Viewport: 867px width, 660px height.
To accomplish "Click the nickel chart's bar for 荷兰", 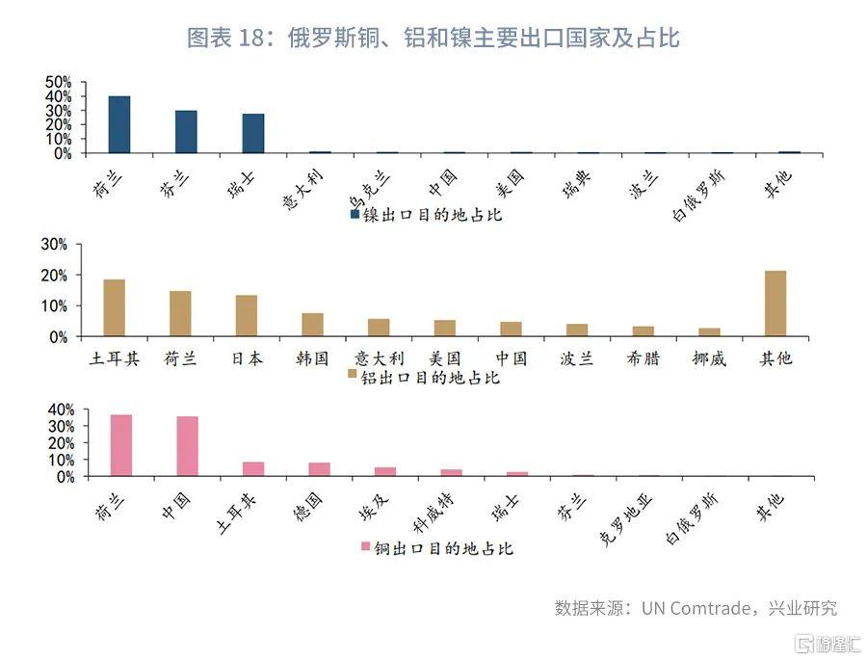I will tap(119, 124).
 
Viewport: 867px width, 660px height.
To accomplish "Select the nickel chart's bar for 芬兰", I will tap(186, 132).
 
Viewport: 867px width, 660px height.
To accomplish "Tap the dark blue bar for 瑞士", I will tap(253, 134).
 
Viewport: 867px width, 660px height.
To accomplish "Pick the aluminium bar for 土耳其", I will tap(115, 307).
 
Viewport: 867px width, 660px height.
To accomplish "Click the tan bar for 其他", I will tap(775, 304).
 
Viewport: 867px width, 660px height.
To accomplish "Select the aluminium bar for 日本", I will tap(247, 315).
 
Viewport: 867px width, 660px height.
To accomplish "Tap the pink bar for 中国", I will tap(187, 446).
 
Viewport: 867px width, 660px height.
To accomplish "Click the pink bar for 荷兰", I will tap(121, 445).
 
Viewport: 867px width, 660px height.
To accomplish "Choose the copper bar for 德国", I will tap(319, 469).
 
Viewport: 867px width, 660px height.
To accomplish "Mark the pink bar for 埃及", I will tap(385, 471).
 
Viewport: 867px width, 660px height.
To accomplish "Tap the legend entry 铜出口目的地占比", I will tap(435, 547).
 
